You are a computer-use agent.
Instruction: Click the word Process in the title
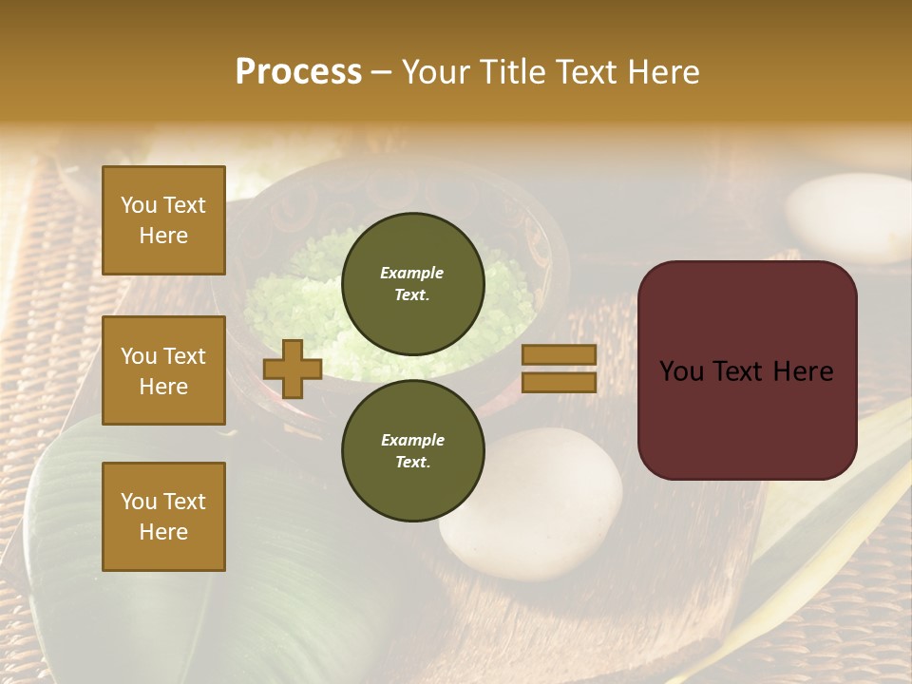click(298, 72)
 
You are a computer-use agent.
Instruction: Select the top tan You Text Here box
click(163, 220)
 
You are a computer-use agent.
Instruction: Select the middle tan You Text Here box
click(163, 370)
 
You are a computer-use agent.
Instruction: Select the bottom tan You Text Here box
click(163, 517)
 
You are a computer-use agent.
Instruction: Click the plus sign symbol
click(293, 369)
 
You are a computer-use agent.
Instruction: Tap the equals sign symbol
click(559, 369)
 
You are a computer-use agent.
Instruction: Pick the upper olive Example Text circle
click(412, 284)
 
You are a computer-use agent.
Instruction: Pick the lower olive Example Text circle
click(412, 451)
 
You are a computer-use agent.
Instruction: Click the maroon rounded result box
click(747, 370)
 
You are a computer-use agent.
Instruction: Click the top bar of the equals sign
click(559, 355)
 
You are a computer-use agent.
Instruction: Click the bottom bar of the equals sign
click(559, 382)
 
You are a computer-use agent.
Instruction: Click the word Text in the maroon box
click(746, 371)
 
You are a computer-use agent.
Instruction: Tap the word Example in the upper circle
click(412, 273)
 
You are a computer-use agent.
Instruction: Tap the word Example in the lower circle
click(412, 440)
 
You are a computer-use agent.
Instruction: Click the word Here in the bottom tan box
click(163, 532)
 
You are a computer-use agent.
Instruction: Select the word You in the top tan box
click(137, 205)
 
